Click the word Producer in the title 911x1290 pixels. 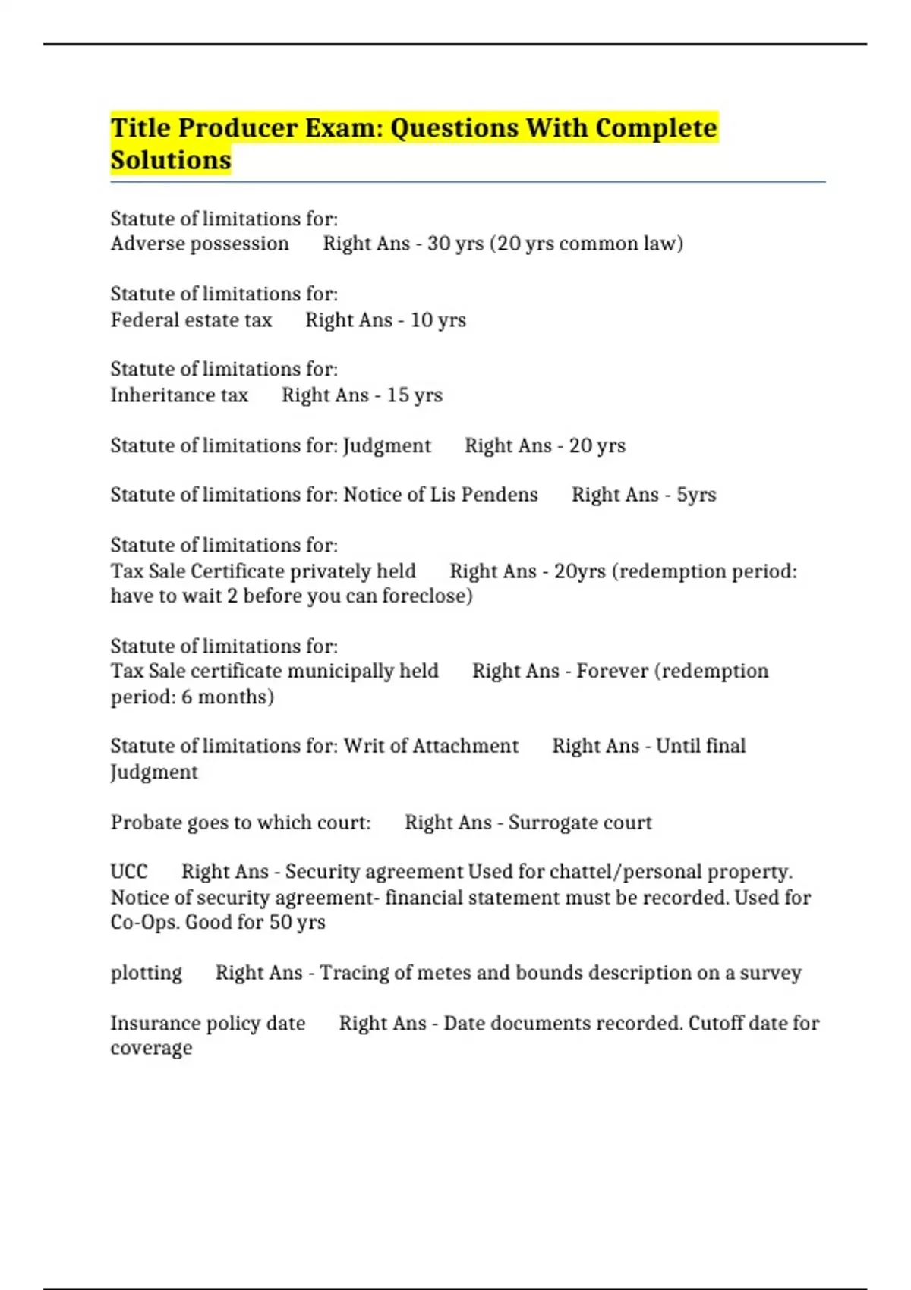coord(238,128)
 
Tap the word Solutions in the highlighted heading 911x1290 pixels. coord(171,161)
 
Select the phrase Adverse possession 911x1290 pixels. coord(200,244)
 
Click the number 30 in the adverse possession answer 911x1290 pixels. coord(439,244)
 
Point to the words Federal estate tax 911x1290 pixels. coord(191,320)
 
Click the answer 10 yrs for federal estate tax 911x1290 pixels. coord(438,320)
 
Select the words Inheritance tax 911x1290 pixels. coord(179,395)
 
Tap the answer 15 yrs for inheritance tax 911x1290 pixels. coord(415,395)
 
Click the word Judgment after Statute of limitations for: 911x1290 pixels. coord(387,446)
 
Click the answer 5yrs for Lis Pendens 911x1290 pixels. coord(696,496)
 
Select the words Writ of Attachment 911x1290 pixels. coord(430,746)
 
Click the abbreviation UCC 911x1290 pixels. coord(129,872)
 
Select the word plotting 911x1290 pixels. coord(147,973)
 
